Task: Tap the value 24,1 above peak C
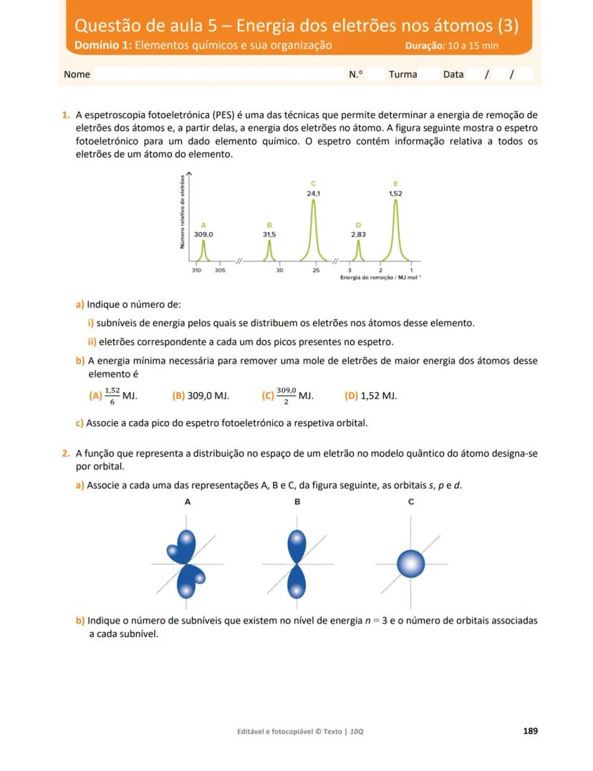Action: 314,193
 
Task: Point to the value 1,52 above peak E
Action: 395,193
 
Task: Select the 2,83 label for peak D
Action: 358,234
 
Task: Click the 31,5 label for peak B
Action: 269,234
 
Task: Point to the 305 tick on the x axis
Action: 220,270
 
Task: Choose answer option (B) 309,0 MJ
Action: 201,395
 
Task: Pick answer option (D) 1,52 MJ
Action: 370,395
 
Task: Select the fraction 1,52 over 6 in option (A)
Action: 112,395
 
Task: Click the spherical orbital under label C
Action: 411,563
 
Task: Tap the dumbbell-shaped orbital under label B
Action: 296,563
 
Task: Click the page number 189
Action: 530,731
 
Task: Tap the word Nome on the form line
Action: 77,74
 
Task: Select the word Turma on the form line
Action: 402,74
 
